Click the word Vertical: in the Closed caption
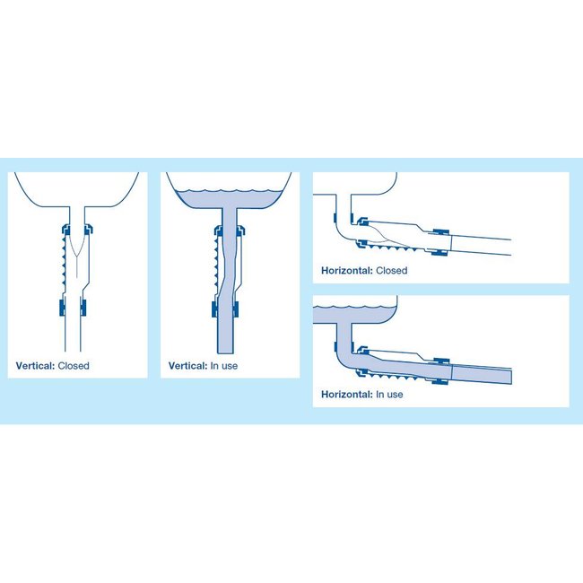click(x=36, y=366)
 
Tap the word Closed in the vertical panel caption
click(x=74, y=366)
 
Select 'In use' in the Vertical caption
click(x=226, y=366)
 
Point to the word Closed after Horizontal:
click(x=392, y=270)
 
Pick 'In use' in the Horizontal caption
click(x=389, y=395)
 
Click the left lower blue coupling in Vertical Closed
click(x=61, y=309)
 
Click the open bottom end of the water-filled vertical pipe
click(x=226, y=351)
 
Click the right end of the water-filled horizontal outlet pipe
click(x=510, y=376)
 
